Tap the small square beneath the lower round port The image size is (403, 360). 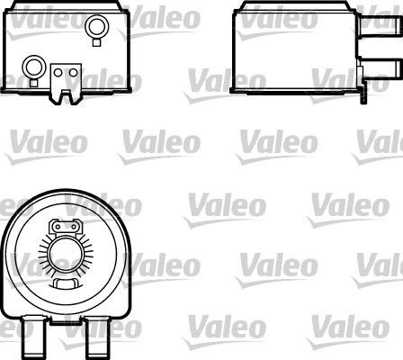point(34,78)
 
